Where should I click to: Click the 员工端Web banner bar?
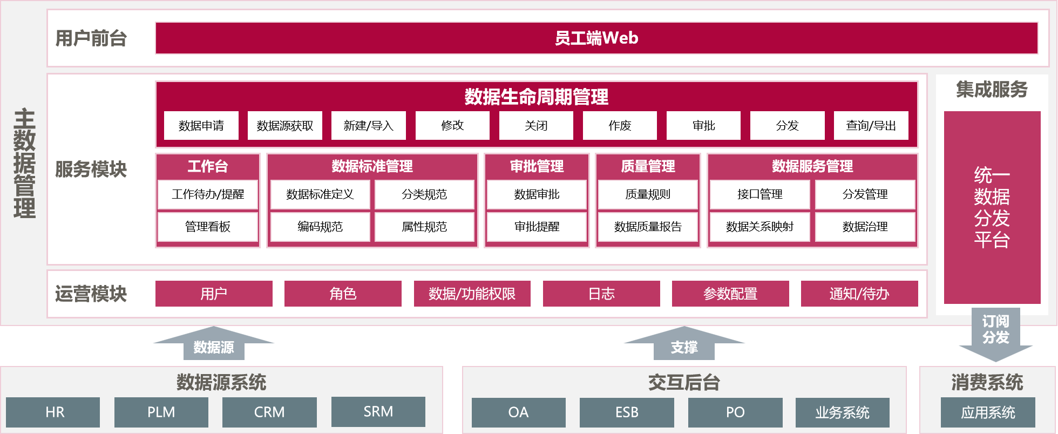point(596,38)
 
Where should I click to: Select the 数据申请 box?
point(201,126)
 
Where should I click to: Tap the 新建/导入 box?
point(368,126)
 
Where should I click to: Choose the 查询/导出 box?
point(871,126)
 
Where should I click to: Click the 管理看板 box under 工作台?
point(208,227)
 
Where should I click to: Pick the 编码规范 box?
point(320,227)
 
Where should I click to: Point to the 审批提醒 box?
point(537,227)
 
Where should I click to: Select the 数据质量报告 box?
point(648,227)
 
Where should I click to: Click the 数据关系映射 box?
point(759,227)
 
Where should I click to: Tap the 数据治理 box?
point(865,227)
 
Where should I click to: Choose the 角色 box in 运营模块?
point(343,294)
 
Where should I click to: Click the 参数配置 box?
point(730,294)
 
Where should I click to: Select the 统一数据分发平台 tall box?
point(992,207)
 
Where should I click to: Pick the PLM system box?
point(161,412)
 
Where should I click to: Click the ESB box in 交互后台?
point(627,412)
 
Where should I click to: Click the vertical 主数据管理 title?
point(24,164)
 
